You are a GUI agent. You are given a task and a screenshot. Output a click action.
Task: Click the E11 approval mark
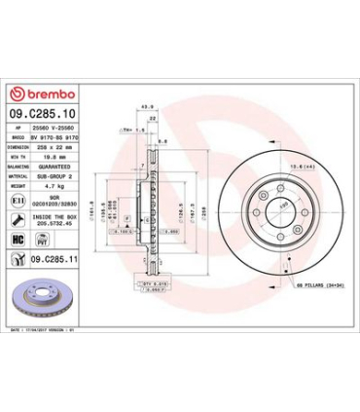[18, 199]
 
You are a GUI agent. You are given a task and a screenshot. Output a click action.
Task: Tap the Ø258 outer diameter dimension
[203, 206]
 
